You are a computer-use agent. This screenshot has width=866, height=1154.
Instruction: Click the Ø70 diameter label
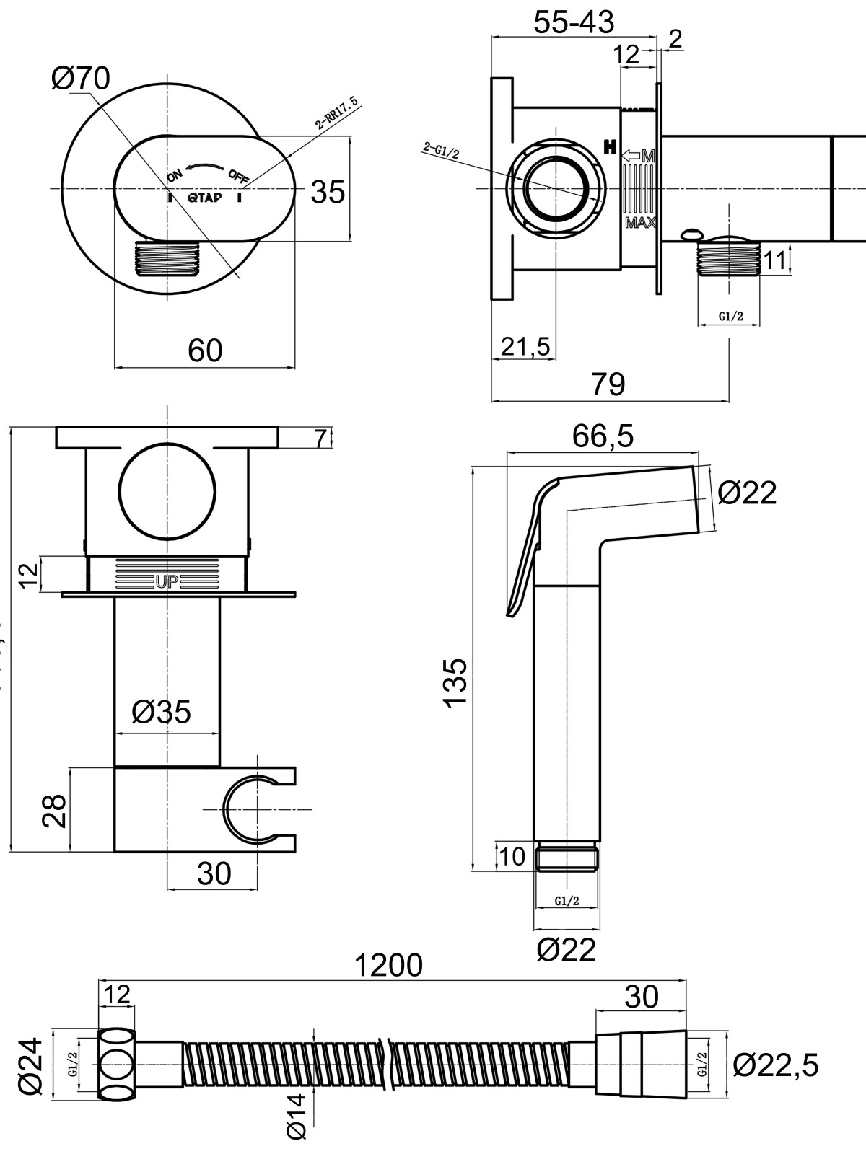80,78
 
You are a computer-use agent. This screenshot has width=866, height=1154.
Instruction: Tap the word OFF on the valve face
238,176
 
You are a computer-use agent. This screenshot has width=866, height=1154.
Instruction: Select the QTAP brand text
204,197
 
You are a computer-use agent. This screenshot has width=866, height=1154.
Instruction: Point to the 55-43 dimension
574,22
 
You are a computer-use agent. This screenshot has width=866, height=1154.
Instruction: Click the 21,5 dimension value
525,347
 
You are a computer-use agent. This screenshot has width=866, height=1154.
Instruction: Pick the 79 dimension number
608,384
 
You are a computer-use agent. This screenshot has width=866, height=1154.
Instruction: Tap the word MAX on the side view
640,223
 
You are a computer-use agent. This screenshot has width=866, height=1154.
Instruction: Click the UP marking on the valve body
167,582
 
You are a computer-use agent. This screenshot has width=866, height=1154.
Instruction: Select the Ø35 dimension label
162,712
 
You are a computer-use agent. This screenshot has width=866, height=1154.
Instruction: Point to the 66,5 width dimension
603,436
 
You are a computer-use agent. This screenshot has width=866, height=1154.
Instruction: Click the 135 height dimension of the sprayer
456,683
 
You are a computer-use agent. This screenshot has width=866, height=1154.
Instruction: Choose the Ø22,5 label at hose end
776,1064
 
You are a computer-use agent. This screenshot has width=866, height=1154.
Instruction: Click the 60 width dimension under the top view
205,351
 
